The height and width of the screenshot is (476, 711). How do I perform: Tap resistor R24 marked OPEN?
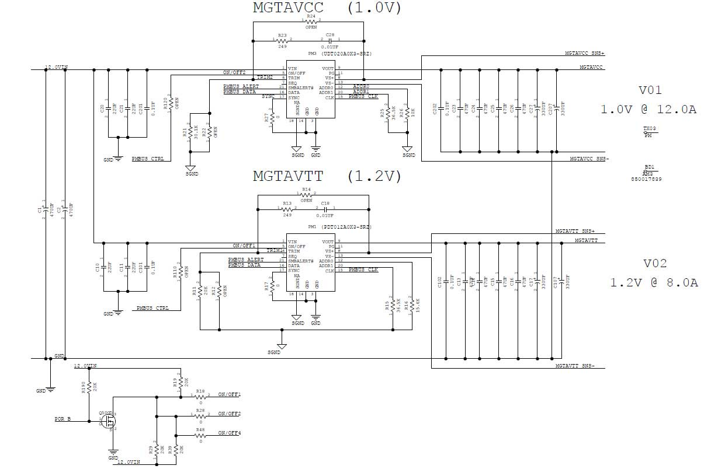click(x=311, y=22)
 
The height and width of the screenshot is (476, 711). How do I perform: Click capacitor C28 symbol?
click(x=330, y=40)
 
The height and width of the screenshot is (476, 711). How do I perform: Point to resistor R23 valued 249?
click(x=282, y=40)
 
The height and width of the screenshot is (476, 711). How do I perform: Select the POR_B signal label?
click(x=62, y=419)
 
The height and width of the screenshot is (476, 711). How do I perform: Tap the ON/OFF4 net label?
click(x=229, y=433)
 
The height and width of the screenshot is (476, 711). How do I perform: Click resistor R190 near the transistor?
click(x=89, y=387)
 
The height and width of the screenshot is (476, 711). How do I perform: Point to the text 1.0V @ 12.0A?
click(x=648, y=109)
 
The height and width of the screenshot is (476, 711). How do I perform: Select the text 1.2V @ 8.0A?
click(x=654, y=282)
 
